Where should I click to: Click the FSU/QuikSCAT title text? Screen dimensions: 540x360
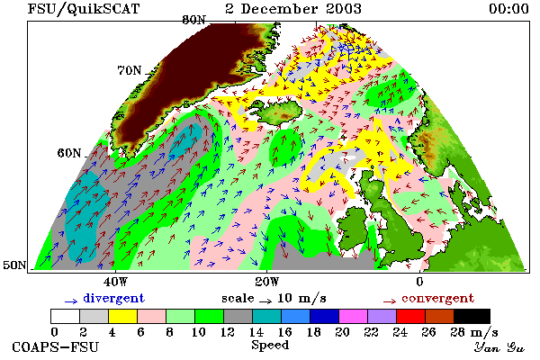pyautogui.click(x=84, y=9)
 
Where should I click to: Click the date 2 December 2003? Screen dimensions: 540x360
pyautogui.click(x=293, y=9)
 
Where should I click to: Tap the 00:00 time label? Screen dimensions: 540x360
pyautogui.click(x=508, y=9)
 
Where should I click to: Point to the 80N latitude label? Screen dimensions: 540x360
pyautogui.click(x=193, y=20)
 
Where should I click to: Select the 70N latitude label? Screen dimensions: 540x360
pyautogui.click(x=130, y=70)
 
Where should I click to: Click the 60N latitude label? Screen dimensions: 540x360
pyautogui.click(x=69, y=153)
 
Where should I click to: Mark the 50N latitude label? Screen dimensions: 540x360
pyautogui.click(x=14, y=265)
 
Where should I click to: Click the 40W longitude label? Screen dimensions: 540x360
pyautogui.click(x=115, y=282)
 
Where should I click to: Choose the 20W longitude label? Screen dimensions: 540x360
pyautogui.click(x=267, y=282)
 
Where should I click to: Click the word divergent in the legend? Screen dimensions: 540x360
pyautogui.click(x=114, y=298)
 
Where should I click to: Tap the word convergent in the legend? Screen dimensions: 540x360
pyautogui.click(x=437, y=298)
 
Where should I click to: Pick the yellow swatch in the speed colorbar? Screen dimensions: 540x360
pyautogui.click(x=122, y=316)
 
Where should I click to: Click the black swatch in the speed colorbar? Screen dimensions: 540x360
pyautogui.click(x=472, y=316)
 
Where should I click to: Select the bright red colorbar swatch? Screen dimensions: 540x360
pyautogui.click(x=410, y=316)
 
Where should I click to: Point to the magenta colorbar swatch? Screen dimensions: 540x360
pyautogui.click(x=353, y=316)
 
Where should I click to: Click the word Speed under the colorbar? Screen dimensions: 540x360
pyautogui.click(x=270, y=346)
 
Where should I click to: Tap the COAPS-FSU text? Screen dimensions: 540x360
pyautogui.click(x=55, y=346)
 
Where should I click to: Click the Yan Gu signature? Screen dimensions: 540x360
pyautogui.click(x=499, y=346)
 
